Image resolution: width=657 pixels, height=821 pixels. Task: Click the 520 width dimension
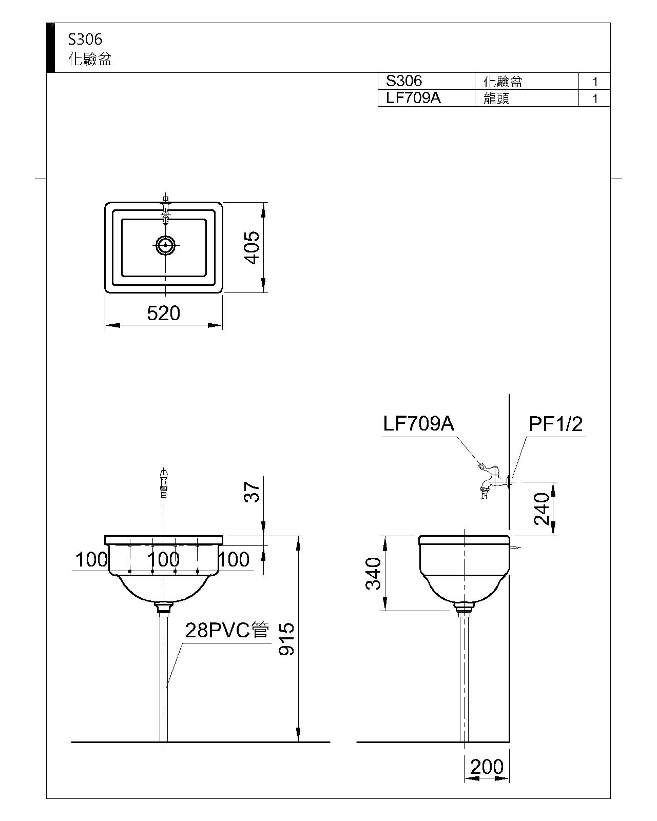[163, 313]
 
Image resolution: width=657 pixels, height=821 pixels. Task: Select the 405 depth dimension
[252, 247]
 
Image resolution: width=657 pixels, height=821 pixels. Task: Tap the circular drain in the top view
[165, 245]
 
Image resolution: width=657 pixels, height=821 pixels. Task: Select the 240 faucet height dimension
[542, 509]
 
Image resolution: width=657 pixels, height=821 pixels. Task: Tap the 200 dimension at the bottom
[487, 767]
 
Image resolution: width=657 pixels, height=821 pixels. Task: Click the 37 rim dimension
[252, 492]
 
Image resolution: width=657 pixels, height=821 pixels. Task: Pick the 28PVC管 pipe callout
[227, 630]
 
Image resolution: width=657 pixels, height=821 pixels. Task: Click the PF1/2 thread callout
[556, 424]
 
